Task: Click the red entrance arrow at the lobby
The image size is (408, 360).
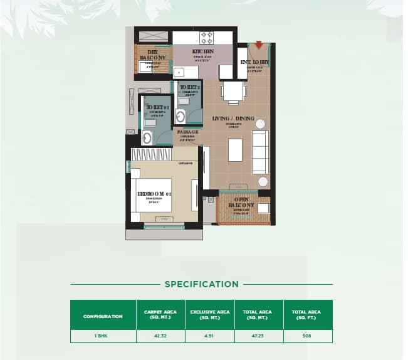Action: (259, 45)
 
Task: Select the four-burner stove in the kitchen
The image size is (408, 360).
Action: (206, 37)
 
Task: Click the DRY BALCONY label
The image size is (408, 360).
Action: (148, 54)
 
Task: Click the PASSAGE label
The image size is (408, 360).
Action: (187, 132)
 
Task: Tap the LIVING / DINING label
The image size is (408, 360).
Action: (234, 119)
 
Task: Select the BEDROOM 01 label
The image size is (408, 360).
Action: (154, 194)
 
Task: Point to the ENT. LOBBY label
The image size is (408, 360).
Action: (254, 62)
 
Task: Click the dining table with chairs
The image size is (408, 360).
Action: (233, 93)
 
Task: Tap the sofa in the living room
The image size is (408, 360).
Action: (260, 152)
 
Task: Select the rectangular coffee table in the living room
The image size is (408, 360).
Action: (235, 150)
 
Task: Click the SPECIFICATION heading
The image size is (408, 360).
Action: (201, 284)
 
